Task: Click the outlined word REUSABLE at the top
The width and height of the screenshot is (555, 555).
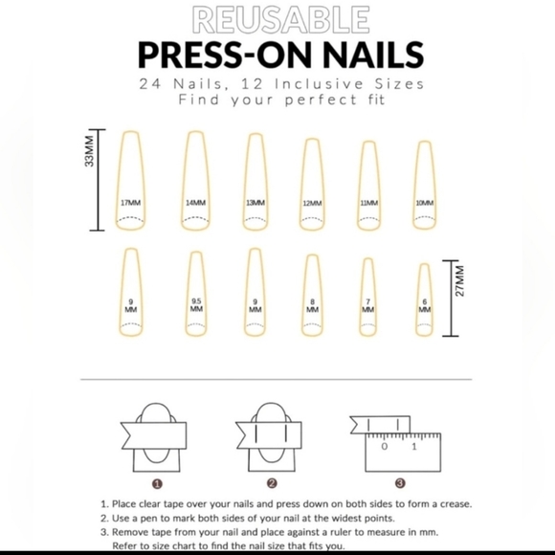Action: [x=278, y=18]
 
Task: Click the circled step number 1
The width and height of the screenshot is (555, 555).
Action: [x=157, y=482]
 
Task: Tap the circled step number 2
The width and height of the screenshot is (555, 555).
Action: [x=273, y=482]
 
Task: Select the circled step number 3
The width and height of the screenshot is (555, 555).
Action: [x=400, y=482]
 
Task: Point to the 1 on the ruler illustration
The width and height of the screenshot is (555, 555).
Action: [x=413, y=447]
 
